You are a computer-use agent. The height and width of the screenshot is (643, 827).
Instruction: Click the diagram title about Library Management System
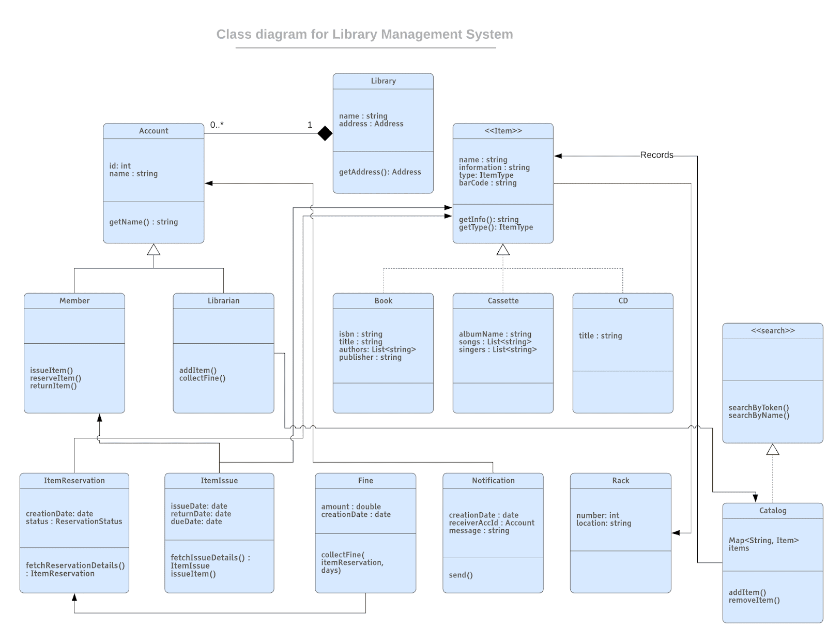[364, 34]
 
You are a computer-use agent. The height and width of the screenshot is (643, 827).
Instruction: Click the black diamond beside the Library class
[325, 133]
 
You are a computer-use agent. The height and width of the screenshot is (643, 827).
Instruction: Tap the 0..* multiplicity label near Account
[217, 125]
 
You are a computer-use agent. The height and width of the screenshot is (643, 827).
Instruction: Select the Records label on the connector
[656, 155]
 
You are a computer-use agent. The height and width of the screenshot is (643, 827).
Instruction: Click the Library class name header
[383, 81]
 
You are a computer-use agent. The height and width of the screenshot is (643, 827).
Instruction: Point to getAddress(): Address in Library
[380, 172]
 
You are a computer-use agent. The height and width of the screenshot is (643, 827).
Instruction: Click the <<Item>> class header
[503, 131]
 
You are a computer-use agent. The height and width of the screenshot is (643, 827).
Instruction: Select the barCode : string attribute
[487, 183]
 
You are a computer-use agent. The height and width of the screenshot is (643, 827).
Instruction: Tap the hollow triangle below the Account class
[154, 250]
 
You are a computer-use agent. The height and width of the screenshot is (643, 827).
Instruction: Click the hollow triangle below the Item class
[503, 250]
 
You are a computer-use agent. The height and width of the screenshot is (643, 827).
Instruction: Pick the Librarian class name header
[223, 301]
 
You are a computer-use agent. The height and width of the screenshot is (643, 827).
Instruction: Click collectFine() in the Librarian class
[202, 378]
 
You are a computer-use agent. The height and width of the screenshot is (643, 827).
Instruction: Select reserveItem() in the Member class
[55, 378]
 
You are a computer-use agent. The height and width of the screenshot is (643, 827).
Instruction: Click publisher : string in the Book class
[370, 357]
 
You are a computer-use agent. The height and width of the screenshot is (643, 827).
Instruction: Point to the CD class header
[623, 301]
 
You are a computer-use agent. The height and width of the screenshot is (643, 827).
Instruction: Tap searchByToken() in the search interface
[758, 407]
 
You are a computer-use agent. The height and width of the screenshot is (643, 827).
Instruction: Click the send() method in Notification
[461, 575]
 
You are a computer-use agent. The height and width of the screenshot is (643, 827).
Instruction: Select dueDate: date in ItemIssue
[196, 522]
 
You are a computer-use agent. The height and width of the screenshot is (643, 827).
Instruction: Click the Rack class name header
[620, 481]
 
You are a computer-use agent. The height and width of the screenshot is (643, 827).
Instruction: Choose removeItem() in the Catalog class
[754, 600]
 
